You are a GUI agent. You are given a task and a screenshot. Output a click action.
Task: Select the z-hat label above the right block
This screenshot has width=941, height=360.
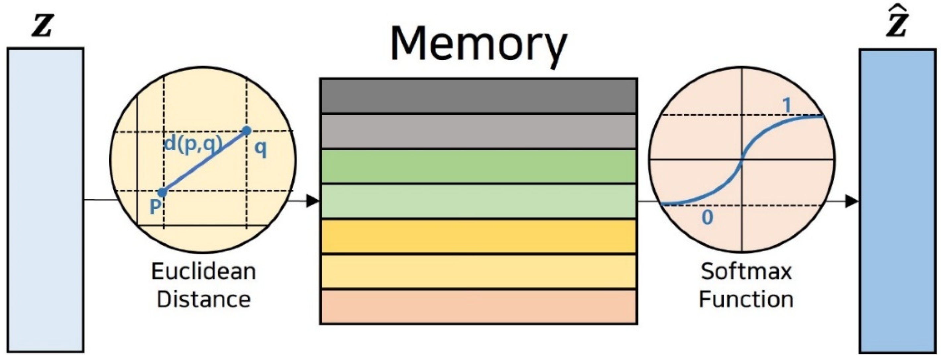(897, 26)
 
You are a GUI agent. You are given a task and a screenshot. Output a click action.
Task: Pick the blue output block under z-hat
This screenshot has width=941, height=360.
(897, 201)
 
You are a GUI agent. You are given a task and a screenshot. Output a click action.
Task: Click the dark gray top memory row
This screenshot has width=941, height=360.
(478, 96)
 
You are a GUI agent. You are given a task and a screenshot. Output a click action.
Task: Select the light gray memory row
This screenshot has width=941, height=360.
(478, 131)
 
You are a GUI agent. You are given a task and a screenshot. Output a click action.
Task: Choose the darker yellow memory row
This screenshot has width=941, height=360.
(478, 236)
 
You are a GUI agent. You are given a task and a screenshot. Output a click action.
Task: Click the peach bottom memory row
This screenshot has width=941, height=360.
(478, 306)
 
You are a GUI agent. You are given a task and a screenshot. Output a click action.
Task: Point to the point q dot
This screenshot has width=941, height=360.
(247, 131)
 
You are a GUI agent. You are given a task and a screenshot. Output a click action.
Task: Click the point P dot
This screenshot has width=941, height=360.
(162, 192)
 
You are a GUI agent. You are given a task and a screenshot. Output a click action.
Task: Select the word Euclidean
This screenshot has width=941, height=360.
(203, 272)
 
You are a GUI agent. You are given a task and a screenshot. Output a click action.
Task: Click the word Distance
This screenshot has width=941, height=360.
(203, 300)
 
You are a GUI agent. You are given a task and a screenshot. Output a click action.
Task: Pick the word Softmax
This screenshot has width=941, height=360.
(746, 272)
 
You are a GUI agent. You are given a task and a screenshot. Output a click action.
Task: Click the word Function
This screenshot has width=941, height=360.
(746, 300)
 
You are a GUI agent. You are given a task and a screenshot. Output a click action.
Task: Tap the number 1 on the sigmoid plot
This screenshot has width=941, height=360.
(787, 106)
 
